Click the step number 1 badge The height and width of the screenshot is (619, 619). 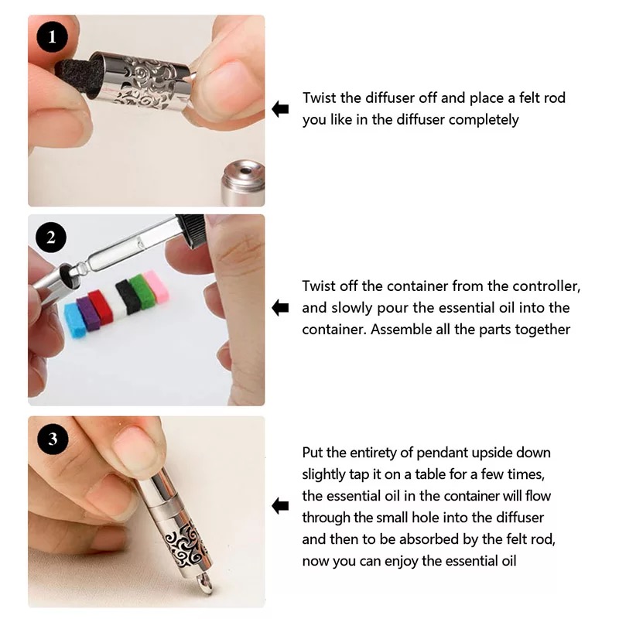[52, 37]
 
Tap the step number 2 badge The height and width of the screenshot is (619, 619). [51, 238]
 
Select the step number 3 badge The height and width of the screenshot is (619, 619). [53, 439]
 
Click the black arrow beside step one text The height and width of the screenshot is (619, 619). [280, 109]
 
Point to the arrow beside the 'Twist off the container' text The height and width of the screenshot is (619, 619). [280, 307]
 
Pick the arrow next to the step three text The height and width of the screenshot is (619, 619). [280, 506]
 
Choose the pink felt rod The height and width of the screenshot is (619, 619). [156, 286]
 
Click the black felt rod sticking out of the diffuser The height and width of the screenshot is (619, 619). [76, 78]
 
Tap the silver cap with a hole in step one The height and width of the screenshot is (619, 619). [244, 183]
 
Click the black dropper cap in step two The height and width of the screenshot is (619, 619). [190, 230]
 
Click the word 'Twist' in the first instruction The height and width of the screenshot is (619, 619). [319, 97]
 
